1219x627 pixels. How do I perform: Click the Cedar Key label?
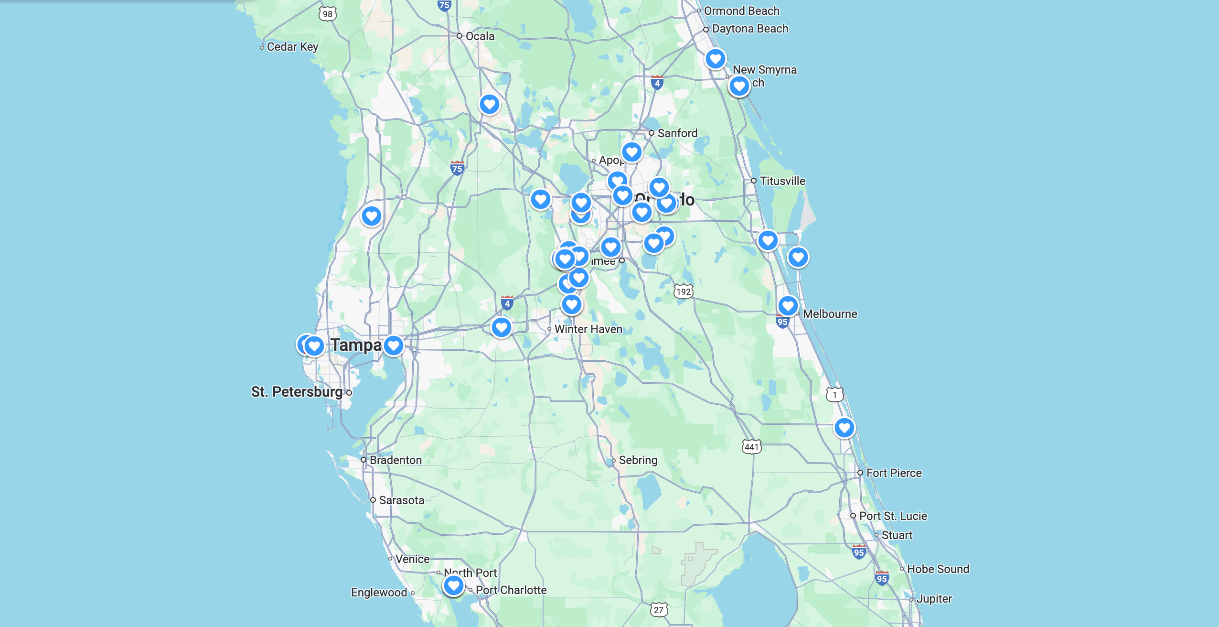point(292,47)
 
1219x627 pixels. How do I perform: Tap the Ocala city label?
point(480,36)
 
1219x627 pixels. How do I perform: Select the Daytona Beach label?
point(749,29)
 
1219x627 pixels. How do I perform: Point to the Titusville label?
point(782,181)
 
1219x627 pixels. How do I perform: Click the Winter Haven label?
point(588,329)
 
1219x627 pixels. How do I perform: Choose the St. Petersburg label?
point(297,392)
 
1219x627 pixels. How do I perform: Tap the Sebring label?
point(638,460)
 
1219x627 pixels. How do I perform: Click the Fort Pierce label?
point(894,473)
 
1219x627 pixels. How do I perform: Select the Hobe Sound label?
point(938,569)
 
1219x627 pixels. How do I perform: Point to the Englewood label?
point(379,593)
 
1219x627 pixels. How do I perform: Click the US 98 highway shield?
point(328,14)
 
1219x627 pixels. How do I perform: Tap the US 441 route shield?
point(751,447)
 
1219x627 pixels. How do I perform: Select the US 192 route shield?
point(684,292)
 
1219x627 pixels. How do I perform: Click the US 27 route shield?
point(659,610)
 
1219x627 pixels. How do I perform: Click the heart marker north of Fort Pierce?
point(844,427)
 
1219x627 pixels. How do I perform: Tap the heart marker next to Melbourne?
point(788,305)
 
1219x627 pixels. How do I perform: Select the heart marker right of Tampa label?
point(394,345)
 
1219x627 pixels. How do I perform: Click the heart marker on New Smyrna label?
point(739,86)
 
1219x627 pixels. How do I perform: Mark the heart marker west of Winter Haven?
point(501,327)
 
